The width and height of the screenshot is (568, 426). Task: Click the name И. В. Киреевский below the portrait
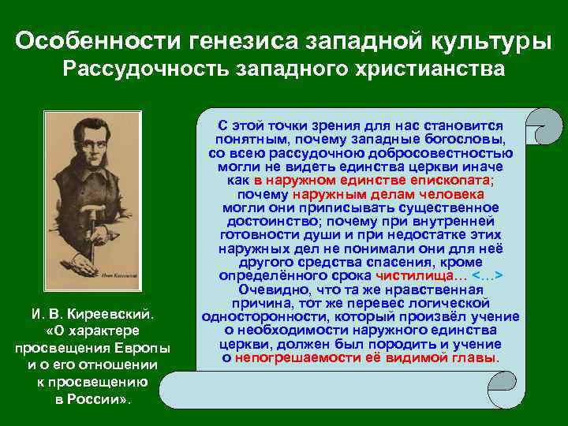point(93,314)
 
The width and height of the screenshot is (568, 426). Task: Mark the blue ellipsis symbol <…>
point(487,275)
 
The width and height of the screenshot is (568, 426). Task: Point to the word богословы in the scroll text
point(465,139)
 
